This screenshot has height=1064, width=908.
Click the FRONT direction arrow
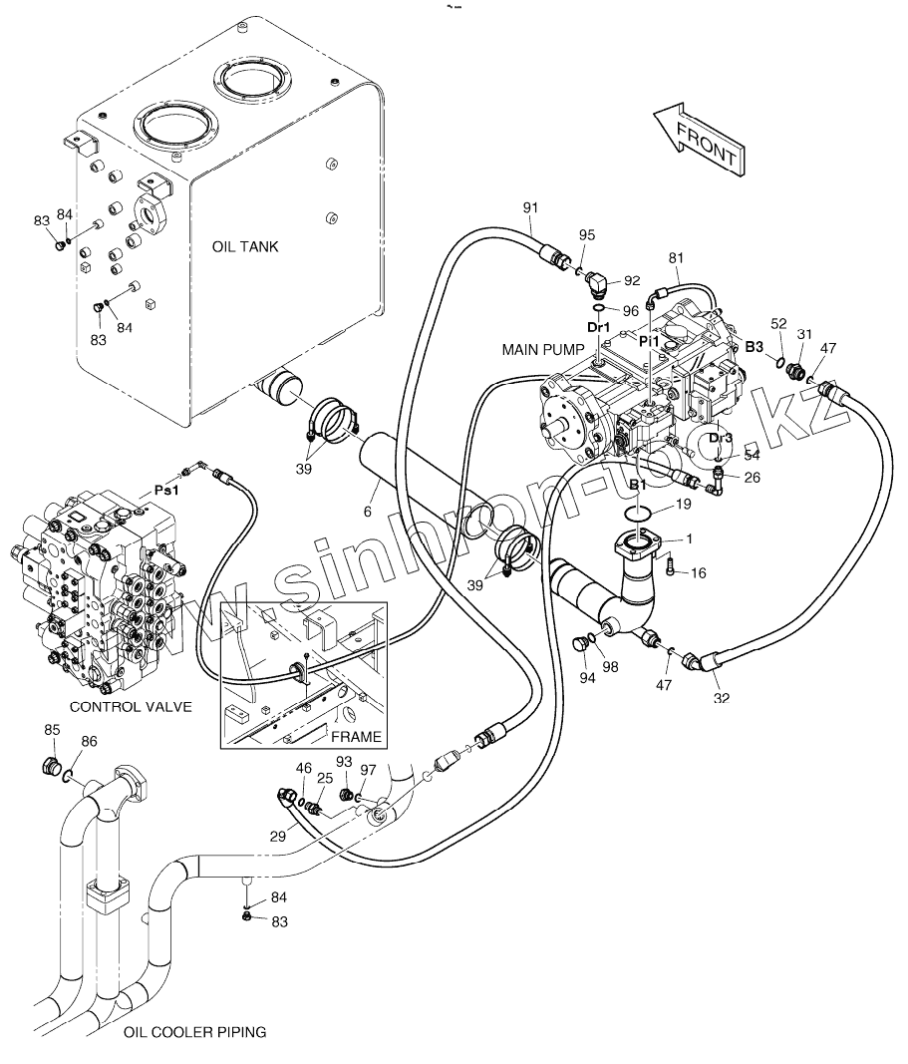[x=699, y=139]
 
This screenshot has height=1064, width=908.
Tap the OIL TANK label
[x=245, y=247]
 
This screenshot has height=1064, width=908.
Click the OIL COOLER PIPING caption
[x=195, y=1032]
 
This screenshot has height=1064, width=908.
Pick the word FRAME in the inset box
[x=356, y=737]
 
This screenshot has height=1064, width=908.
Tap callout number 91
[x=530, y=207]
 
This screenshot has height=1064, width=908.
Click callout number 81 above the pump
[x=677, y=259]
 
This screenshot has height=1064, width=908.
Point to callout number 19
[x=682, y=505]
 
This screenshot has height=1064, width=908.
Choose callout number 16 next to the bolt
[x=698, y=572]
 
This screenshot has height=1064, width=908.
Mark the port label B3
[x=755, y=347]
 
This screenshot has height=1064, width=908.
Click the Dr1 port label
[x=597, y=327]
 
